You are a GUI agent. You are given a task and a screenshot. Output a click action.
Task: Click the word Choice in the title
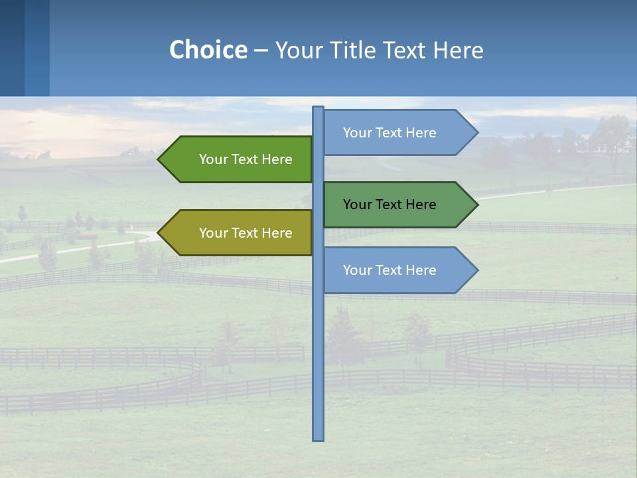[x=208, y=50]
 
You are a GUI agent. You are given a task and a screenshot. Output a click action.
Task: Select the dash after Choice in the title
[x=261, y=51]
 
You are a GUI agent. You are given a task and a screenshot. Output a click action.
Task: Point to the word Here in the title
[x=458, y=50]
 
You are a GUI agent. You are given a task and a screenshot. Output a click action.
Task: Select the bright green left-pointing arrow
[x=239, y=159]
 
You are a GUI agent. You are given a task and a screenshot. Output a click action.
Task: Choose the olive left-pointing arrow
[x=239, y=233]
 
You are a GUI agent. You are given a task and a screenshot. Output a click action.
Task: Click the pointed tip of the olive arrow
[x=160, y=233]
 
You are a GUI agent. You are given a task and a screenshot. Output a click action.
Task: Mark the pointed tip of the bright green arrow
[x=160, y=159]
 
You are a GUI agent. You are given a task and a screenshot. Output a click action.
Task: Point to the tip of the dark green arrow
[x=476, y=204]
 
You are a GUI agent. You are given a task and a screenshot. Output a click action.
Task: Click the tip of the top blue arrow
[x=476, y=133]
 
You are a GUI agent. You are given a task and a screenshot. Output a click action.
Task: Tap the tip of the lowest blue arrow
[x=476, y=270]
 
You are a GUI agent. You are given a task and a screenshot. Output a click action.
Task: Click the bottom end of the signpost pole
[x=318, y=438]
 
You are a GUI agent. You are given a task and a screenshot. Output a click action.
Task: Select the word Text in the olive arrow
[x=246, y=233]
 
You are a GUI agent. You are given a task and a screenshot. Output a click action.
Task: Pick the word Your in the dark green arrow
[x=356, y=204]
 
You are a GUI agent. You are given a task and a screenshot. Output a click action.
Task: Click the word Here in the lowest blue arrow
[x=421, y=270]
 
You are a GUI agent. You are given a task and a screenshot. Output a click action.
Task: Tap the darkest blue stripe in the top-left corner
[x=12, y=48]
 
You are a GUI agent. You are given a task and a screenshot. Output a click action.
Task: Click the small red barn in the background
[x=86, y=236]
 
